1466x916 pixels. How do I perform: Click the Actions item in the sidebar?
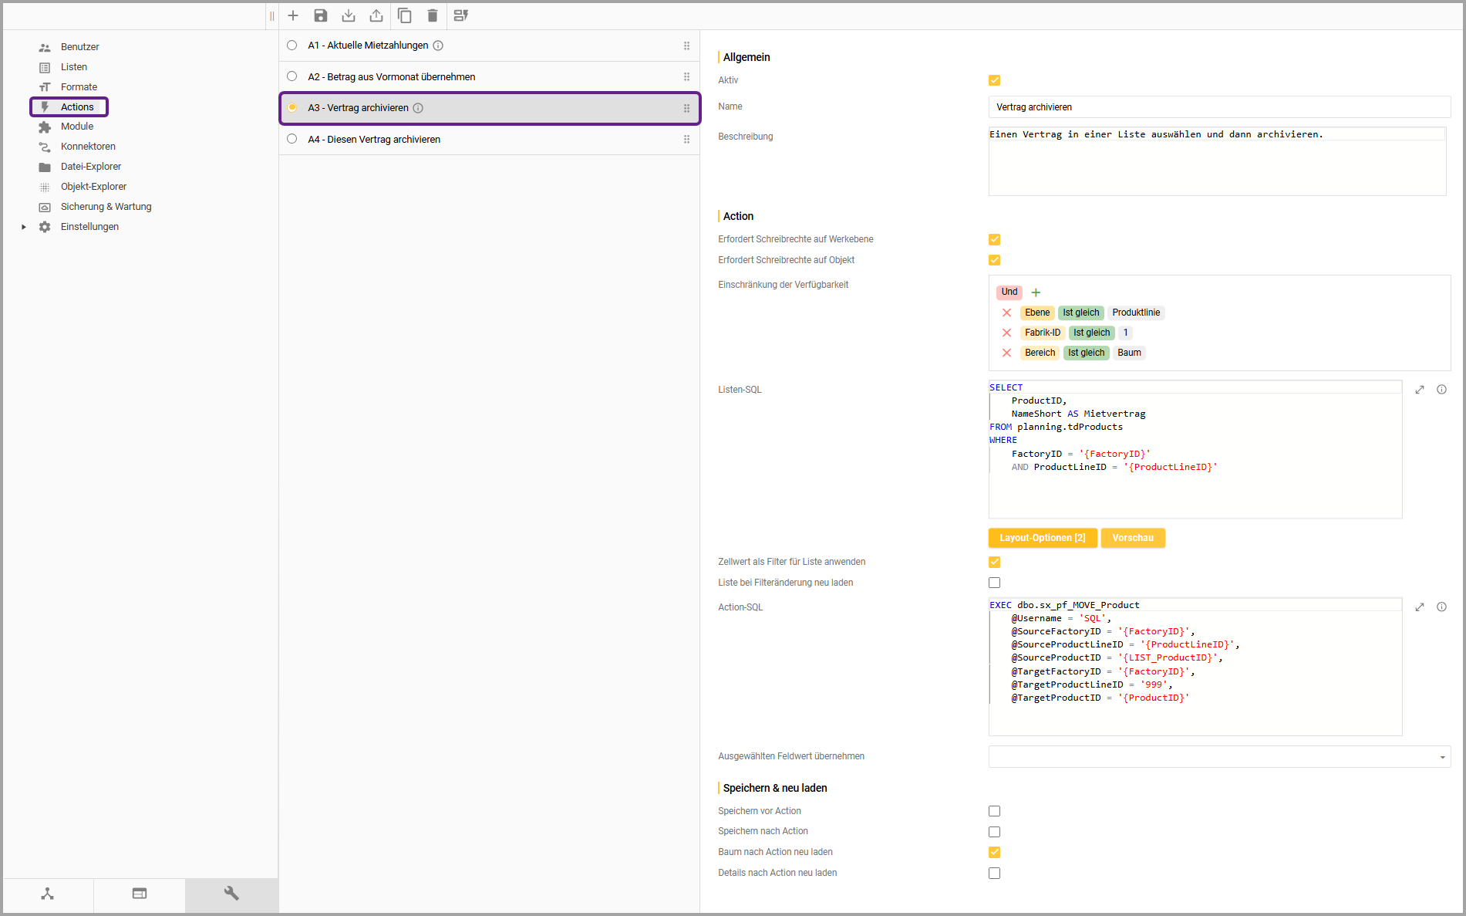(76, 106)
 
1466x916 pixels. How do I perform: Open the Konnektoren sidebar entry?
(88, 147)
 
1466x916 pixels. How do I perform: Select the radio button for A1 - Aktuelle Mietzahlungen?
(292, 46)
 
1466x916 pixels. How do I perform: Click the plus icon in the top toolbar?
(293, 15)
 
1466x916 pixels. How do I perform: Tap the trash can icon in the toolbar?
(433, 15)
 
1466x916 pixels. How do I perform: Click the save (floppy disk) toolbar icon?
(321, 15)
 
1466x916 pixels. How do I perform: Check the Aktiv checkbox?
(995, 80)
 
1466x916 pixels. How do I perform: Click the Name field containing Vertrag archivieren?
(1218, 107)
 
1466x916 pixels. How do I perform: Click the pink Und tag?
(1009, 292)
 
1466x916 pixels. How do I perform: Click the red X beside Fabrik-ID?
(1006, 333)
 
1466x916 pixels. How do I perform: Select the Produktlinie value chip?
(1136, 313)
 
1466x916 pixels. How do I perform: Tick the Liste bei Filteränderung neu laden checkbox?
(995, 583)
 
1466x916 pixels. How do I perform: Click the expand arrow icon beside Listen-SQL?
(1420, 390)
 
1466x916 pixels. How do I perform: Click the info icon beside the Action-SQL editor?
(1441, 607)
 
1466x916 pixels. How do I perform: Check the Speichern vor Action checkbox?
(995, 811)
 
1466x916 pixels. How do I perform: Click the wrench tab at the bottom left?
(231, 894)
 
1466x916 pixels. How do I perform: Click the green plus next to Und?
(1036, 292)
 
